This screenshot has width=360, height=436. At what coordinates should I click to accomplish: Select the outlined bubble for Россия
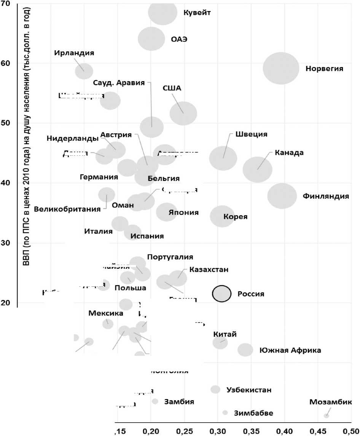[x=222, y=294]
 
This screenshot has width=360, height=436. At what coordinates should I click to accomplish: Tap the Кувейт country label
[x=197, y=13]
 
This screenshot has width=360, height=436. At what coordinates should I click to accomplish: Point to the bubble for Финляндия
[x=282, y=196]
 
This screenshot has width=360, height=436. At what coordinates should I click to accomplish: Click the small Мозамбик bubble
[x=326, y=415]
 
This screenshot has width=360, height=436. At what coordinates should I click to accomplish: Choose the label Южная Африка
[x=290, y=350]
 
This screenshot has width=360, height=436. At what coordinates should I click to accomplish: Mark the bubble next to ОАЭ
[x=151, y=39]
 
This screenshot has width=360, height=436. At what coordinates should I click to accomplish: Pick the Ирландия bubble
[x=84, y=71]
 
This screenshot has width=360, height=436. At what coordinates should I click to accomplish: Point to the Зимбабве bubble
[x=225, y=413]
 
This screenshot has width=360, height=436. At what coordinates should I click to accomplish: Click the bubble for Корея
[x=222, y=216]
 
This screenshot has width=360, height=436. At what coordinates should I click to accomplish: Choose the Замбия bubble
[x=155, y=401]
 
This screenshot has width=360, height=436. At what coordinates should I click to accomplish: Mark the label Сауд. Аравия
[x=119, y=83]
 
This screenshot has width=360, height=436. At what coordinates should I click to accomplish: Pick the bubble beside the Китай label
[x=220, y=342]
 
